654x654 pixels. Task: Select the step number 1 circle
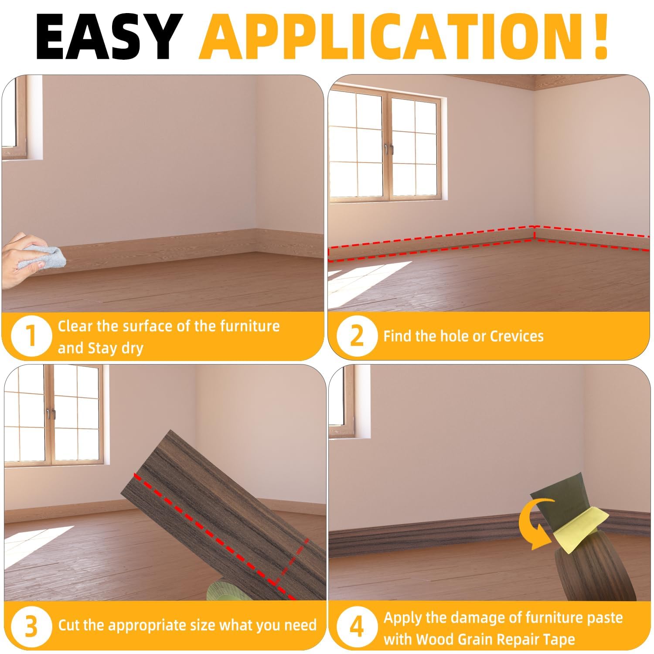[31, 337]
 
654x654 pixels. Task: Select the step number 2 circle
[357, 336]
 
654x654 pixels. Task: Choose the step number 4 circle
[357, 627]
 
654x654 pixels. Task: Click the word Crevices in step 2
[517, 336]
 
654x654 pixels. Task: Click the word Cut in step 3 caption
[69, 625]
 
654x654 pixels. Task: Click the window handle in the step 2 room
[388, 149]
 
